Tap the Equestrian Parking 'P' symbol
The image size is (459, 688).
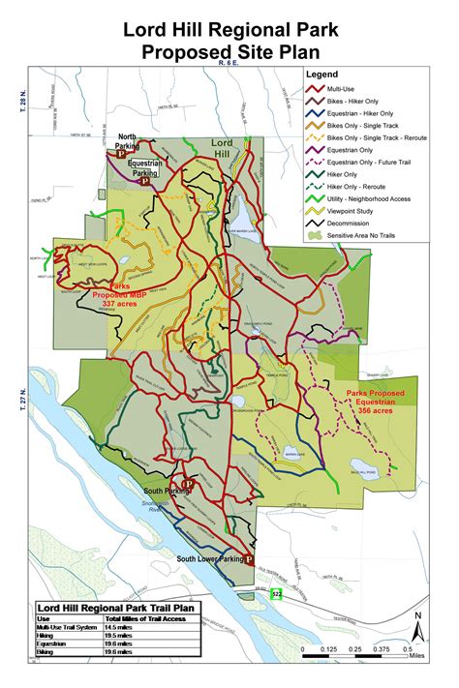click(143, 180)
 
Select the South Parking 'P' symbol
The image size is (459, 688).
click(189, 483)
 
